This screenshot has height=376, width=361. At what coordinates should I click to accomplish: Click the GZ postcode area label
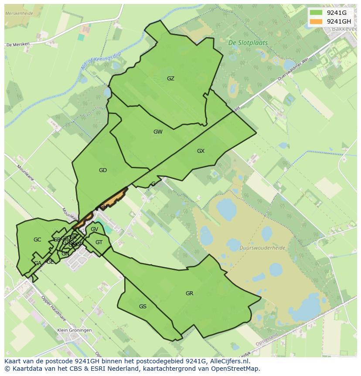pos(170,79)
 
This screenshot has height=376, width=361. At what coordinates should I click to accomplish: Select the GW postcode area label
pos(158,131)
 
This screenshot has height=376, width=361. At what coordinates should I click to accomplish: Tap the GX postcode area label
pos(201,151)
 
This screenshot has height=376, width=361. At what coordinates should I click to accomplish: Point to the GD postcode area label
pos(103,170)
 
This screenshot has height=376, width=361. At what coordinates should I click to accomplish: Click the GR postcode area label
pos(189,293)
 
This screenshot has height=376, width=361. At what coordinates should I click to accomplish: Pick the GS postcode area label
pos(143,307)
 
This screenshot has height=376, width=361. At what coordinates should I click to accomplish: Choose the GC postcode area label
pos(37,240)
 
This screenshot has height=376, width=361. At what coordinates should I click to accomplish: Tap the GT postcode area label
pos(99,242)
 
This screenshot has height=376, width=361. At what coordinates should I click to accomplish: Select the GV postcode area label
pos(95,229)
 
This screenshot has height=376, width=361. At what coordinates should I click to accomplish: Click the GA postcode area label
pos(38,263)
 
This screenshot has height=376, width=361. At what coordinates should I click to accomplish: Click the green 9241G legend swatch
pos(316,13)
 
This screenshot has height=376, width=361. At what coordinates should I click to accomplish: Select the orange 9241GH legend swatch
pos(316,21)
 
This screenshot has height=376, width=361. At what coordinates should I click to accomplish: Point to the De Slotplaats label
pos(248,43)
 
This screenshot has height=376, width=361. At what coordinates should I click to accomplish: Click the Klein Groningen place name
pos(75,331)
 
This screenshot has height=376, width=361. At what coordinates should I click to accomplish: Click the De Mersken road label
pos(17,45)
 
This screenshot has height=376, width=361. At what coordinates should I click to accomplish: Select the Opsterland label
pos(267,340)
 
